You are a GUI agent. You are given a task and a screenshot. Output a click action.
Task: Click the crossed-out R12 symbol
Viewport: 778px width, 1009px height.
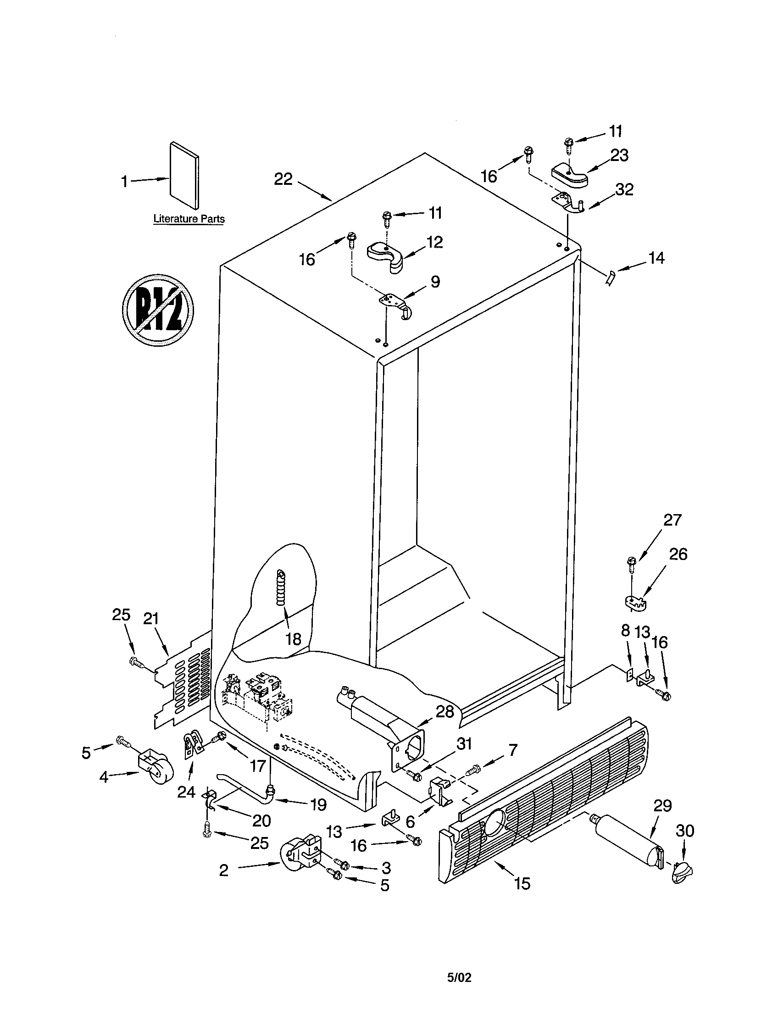[x=158, y=310]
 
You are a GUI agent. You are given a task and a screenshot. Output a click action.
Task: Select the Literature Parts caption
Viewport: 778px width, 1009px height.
[x=189, y=219]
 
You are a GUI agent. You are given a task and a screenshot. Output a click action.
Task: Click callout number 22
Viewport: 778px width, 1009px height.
[x=283, y=179]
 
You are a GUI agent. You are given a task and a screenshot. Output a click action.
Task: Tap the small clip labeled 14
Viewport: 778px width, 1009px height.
[x=610, y=278]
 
